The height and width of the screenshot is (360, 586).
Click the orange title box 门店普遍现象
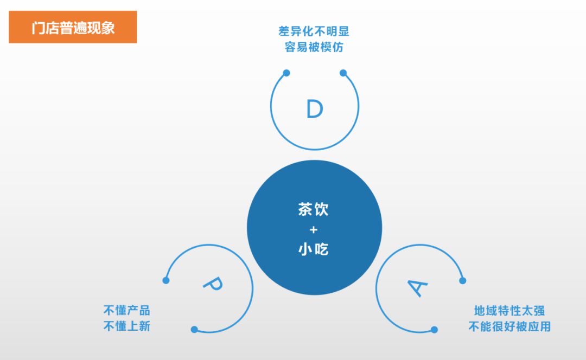point(73,27)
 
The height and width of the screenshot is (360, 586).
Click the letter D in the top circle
point(315,109)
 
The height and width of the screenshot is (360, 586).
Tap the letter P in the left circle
point(213,285)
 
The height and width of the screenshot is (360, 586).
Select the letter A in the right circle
point(417,288)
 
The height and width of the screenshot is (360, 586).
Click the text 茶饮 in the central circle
point(313,209)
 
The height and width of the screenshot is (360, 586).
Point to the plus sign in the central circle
point(314,230)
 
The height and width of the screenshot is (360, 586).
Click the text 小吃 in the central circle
point(313,249)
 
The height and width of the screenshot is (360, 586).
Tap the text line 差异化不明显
point(314,31)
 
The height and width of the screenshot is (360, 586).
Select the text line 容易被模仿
point(314,47)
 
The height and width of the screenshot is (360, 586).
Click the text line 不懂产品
point(126,310)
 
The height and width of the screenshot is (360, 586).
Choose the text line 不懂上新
point(126,326)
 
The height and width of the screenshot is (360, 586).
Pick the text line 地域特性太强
point(509,310)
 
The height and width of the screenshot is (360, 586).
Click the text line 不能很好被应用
point(509,326)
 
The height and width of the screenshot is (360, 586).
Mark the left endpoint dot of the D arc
point(286,73)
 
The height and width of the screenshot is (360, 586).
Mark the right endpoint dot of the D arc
point(343,73)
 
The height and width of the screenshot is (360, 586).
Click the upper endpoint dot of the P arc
point(166,280)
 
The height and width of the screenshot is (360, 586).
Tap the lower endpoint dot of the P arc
point(194,330)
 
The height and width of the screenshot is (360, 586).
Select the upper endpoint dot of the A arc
point(463,280)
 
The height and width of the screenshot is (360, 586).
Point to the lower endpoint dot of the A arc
point(434,330)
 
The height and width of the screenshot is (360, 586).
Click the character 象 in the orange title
point(107,28)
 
